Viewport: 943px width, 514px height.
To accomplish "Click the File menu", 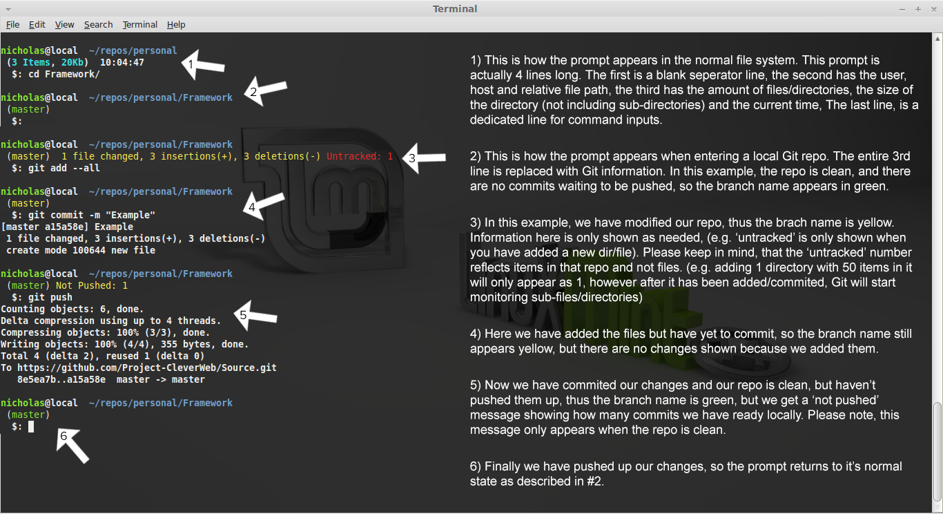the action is tap(12, 25).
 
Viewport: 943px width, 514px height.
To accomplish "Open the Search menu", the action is tap(98, 25).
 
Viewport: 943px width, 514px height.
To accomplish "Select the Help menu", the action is tap(176, 25).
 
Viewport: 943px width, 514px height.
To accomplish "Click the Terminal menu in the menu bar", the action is tap(139, 25).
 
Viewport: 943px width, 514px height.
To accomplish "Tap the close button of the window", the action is tap(933, 9).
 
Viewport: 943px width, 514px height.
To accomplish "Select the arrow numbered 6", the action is tap(72, 446).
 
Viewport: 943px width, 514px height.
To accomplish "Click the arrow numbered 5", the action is tap(255, 315).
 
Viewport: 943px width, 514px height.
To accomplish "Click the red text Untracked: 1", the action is tap(360, 156).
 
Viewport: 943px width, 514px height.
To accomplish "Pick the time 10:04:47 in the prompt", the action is tap(122, 63).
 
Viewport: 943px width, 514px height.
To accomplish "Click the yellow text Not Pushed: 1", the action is tap(92, 285).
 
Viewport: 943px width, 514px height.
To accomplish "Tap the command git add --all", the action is tap(64, 168).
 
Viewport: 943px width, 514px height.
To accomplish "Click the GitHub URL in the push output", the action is tap(147, 368).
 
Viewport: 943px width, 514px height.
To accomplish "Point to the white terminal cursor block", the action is tap(31, 427).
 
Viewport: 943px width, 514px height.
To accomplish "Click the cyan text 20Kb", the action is tap(72, 63).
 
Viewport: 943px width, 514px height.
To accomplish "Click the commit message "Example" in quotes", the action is tap(130, 215).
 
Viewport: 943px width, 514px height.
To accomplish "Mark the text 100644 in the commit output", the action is tap(89, 250).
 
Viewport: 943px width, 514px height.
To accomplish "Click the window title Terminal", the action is tap(455, 9).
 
